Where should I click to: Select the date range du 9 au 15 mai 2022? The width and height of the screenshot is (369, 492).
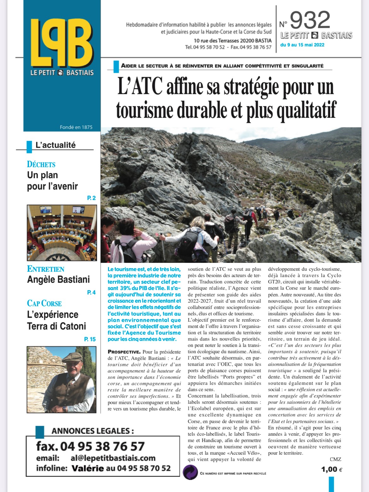[x=302, y=45]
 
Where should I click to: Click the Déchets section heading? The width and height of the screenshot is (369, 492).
[x=41, y=164]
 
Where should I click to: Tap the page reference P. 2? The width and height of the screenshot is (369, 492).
[x=91, y=198]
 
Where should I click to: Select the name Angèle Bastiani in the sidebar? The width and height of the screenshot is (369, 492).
[x=58, y=280]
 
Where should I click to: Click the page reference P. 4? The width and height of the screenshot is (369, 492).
[x=91, y=293]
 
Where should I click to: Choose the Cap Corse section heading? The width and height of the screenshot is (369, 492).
[x=44, y=303]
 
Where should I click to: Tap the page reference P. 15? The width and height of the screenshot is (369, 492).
[x=90, y=339]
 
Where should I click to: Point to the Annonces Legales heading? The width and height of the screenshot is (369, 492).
[x=93, y=431]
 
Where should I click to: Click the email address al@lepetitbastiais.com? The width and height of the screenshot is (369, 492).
[x=113, y=458]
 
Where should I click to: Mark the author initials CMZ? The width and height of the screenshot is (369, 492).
[x=335, y=459]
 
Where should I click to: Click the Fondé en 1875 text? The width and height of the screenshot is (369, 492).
[x=76, y=127]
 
